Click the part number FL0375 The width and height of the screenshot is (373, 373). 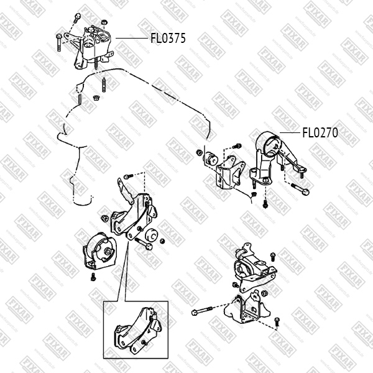point(168,38)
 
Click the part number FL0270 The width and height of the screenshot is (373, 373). point(320,132)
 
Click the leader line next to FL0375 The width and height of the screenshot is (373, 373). point(131,38)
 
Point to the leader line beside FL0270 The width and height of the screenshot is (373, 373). point(290,132)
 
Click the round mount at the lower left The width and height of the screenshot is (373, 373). point(99,252)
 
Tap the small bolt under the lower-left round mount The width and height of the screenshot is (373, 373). point(92,276)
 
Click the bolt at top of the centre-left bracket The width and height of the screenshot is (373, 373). point(126,178)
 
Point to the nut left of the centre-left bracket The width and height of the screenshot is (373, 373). point(104,218)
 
